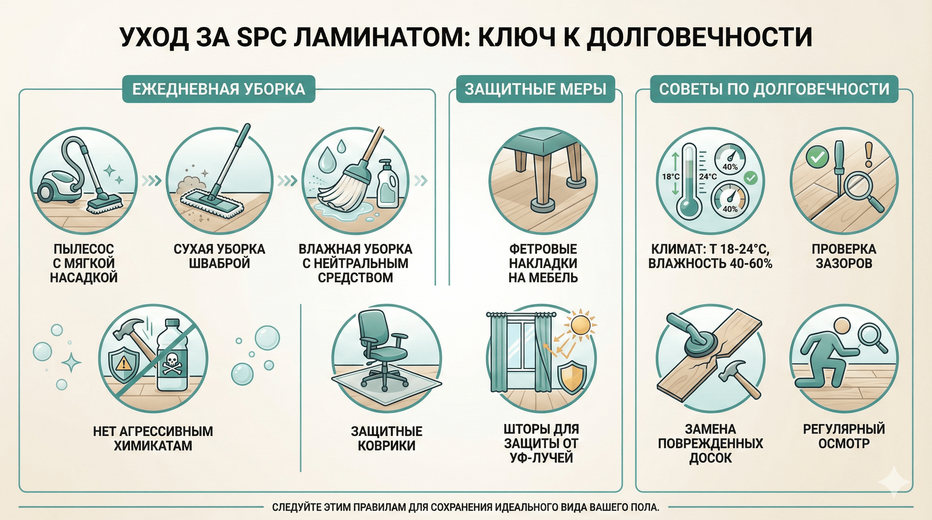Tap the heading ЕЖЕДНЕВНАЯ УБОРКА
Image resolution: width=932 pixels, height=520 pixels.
click(x=218, y=89)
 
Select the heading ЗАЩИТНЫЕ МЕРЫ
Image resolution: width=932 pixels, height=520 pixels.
click(x=535, y=89)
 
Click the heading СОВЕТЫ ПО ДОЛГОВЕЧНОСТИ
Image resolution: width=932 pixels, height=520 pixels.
click(x=774, y=89)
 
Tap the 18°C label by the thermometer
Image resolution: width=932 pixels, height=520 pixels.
click(x=671, y=177)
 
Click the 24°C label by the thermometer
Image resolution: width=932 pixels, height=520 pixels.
click(x=708, y=177)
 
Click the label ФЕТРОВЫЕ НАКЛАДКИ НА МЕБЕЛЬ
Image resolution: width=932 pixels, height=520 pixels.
click(x=543, y=263)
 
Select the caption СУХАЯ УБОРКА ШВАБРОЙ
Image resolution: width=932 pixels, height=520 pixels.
click(x=219, y=256)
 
